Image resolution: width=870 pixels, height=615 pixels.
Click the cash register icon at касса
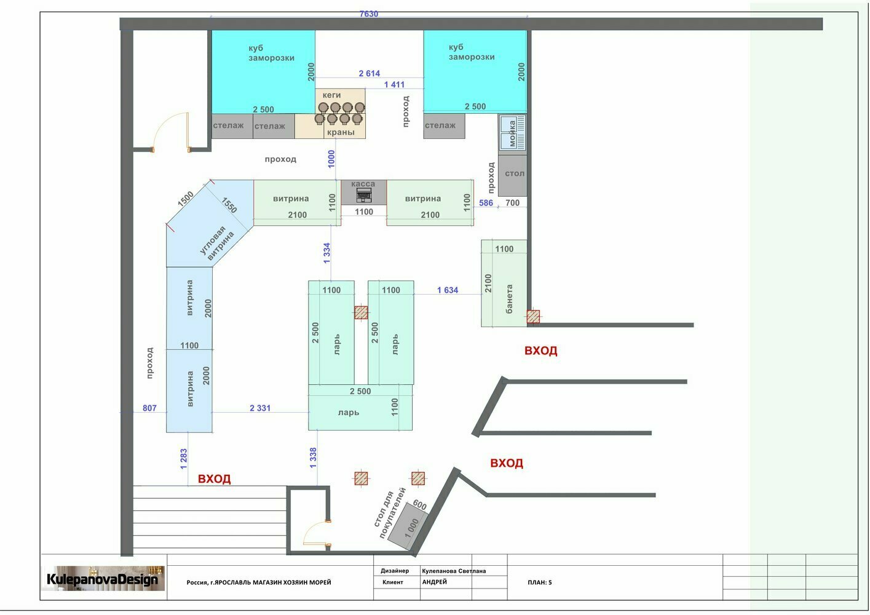click(x=363, y=195)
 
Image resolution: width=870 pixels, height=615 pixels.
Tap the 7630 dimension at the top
click(x=368, y=14)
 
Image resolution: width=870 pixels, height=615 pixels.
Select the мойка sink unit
click(x=512, y=132)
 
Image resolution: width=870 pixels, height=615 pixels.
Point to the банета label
click(x=509, y=299)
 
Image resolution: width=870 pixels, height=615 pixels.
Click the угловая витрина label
click(x=217, y=243)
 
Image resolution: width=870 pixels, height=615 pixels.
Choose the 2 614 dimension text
click(x=370, y=73)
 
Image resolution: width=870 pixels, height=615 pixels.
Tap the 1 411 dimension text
click(x=394, y=85)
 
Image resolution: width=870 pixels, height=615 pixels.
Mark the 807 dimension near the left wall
click(x=149, y=408)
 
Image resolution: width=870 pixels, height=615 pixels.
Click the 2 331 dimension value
click(x=260, y=408)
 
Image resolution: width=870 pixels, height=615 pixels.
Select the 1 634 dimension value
click(x=448, y=290)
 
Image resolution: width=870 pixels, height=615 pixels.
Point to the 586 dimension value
click(x=486, y=203)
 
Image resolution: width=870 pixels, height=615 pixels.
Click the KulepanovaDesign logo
click(x=103, y=579)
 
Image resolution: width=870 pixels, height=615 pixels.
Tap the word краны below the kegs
click(x=341, y=132)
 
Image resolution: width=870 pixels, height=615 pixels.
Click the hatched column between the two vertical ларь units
click(x=361, y=312)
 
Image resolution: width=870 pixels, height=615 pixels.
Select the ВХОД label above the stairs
click(x=215, y=478)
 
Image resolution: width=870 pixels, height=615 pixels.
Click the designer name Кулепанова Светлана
click(x=454, y=571)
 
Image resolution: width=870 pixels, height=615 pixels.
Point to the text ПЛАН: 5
click(x=539, y=582)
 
